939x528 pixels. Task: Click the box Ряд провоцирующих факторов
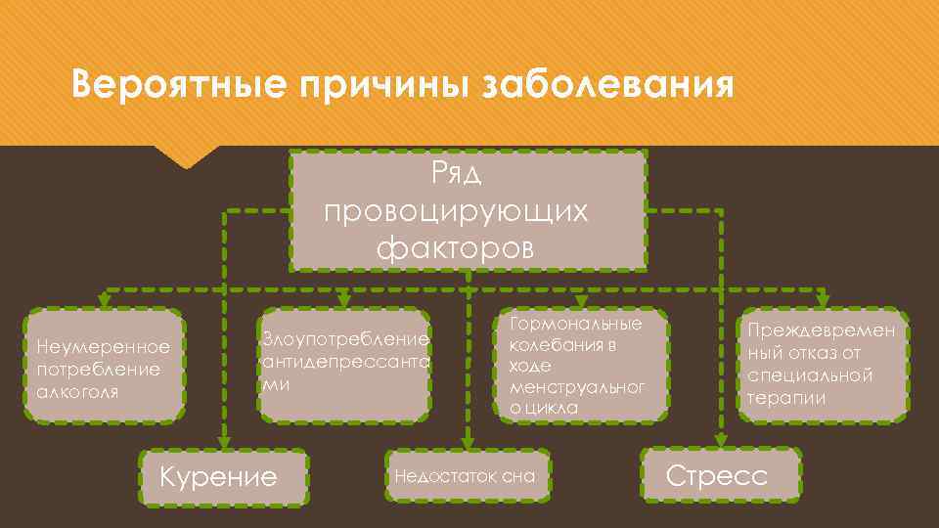(469, 210)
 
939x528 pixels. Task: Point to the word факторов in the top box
(456, 247)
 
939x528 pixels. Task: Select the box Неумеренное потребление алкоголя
(103, 367)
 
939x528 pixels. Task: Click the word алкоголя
(76, 391)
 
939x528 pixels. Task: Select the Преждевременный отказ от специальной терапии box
(822, 365)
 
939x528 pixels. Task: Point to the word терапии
(785, 398)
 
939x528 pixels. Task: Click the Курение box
(224, 477)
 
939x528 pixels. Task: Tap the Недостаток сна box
(467, 476)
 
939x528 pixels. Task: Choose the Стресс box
(720, 476)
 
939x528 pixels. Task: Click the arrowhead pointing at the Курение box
(224, 440)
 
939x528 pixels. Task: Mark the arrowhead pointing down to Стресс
(720, 440)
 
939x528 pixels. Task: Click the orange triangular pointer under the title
(187, 158)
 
